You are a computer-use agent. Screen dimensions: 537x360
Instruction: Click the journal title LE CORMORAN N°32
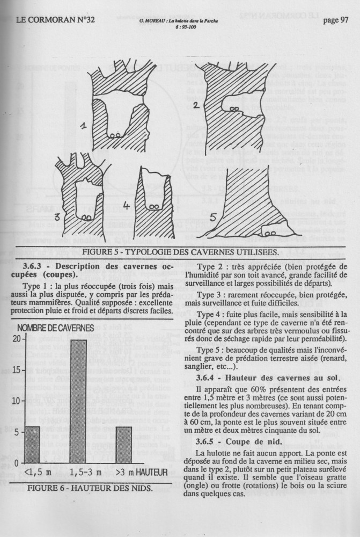point(55,20)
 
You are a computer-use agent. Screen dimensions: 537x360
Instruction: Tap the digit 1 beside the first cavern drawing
point(84,127)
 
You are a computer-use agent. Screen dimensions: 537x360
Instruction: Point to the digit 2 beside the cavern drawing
point(197,106)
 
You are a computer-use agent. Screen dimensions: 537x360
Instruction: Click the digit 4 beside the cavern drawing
point(127,206)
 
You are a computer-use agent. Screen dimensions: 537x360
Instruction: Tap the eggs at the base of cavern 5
point(270,233)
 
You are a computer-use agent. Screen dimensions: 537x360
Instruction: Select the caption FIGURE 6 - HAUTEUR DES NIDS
point(90,488)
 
